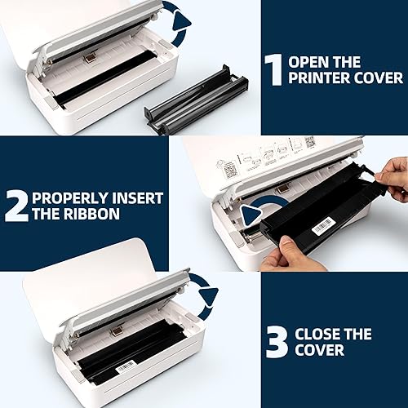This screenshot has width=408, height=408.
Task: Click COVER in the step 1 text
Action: click(x=379, y=78)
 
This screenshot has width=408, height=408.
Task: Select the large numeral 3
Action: click(x=278, y=344)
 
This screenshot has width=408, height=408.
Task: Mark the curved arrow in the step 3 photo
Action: click(x=207, y=296)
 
